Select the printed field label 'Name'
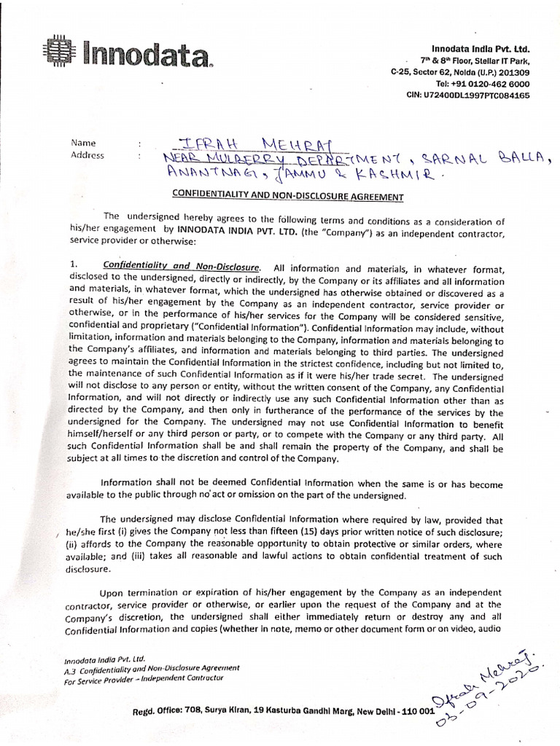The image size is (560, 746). coord(83,143)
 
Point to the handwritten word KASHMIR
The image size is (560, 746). coord(398,175)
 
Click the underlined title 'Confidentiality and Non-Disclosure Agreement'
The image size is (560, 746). coord(287,196)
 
